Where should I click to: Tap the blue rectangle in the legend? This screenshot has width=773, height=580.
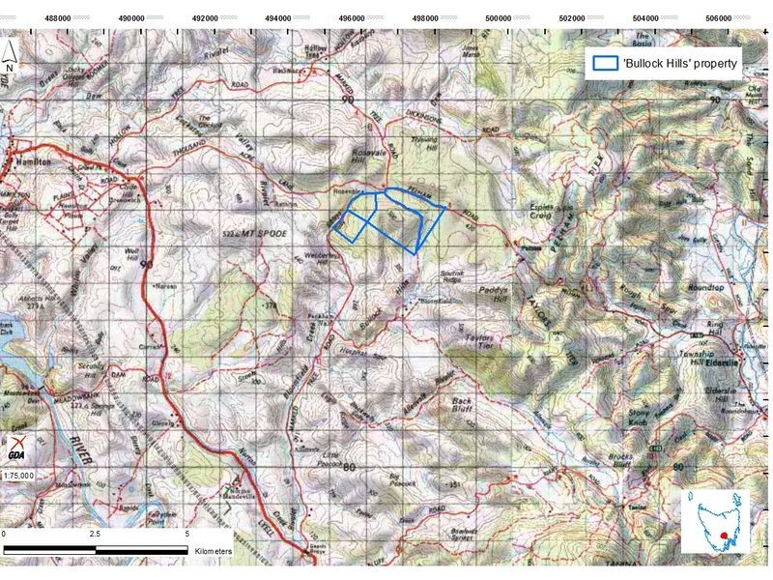(x=606, y=63)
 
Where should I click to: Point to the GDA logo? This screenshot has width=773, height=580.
(x=14, y=447)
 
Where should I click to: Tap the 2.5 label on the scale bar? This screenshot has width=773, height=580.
(x=94, y=534)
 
